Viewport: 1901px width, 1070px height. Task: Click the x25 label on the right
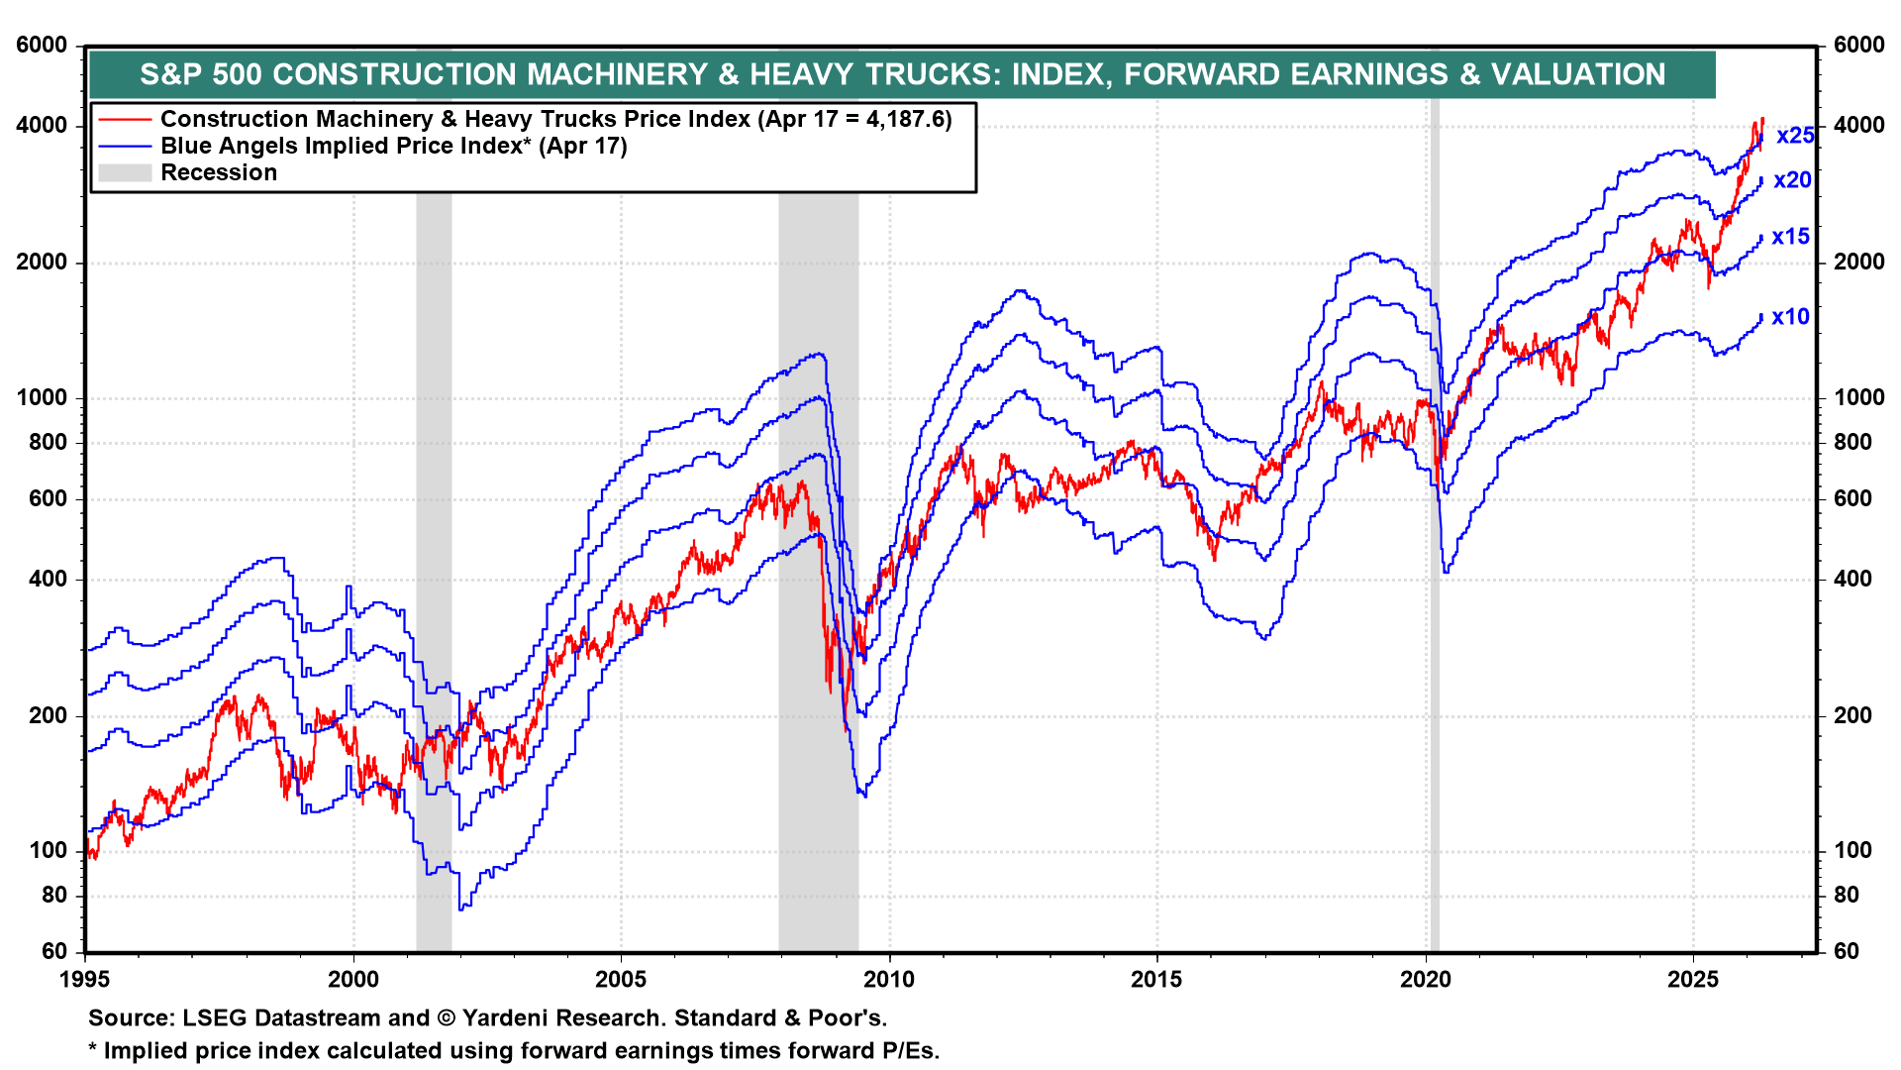[1795, 136]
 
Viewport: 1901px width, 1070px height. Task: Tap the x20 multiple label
[1792, 180]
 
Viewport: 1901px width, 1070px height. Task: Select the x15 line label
[1790, 237]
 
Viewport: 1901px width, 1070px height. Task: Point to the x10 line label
[1790, 317]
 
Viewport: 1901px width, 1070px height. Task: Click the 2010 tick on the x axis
[889, 980]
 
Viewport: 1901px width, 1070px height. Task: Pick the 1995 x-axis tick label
[85, 980]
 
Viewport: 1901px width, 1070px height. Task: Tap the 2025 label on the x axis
[1693, 980]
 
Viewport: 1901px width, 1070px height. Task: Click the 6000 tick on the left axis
[43, 46]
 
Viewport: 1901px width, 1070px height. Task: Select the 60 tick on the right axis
[1847, 952]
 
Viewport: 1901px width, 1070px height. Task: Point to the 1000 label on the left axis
[43, 398]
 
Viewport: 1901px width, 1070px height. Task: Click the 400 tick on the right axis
[1852, 580]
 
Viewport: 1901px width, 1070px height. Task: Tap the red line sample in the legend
[125, 120]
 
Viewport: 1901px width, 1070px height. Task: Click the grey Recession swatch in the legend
[125, 173]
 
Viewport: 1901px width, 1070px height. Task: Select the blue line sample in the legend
[125, 147]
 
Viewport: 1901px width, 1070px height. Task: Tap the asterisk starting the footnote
[93, 1048]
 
